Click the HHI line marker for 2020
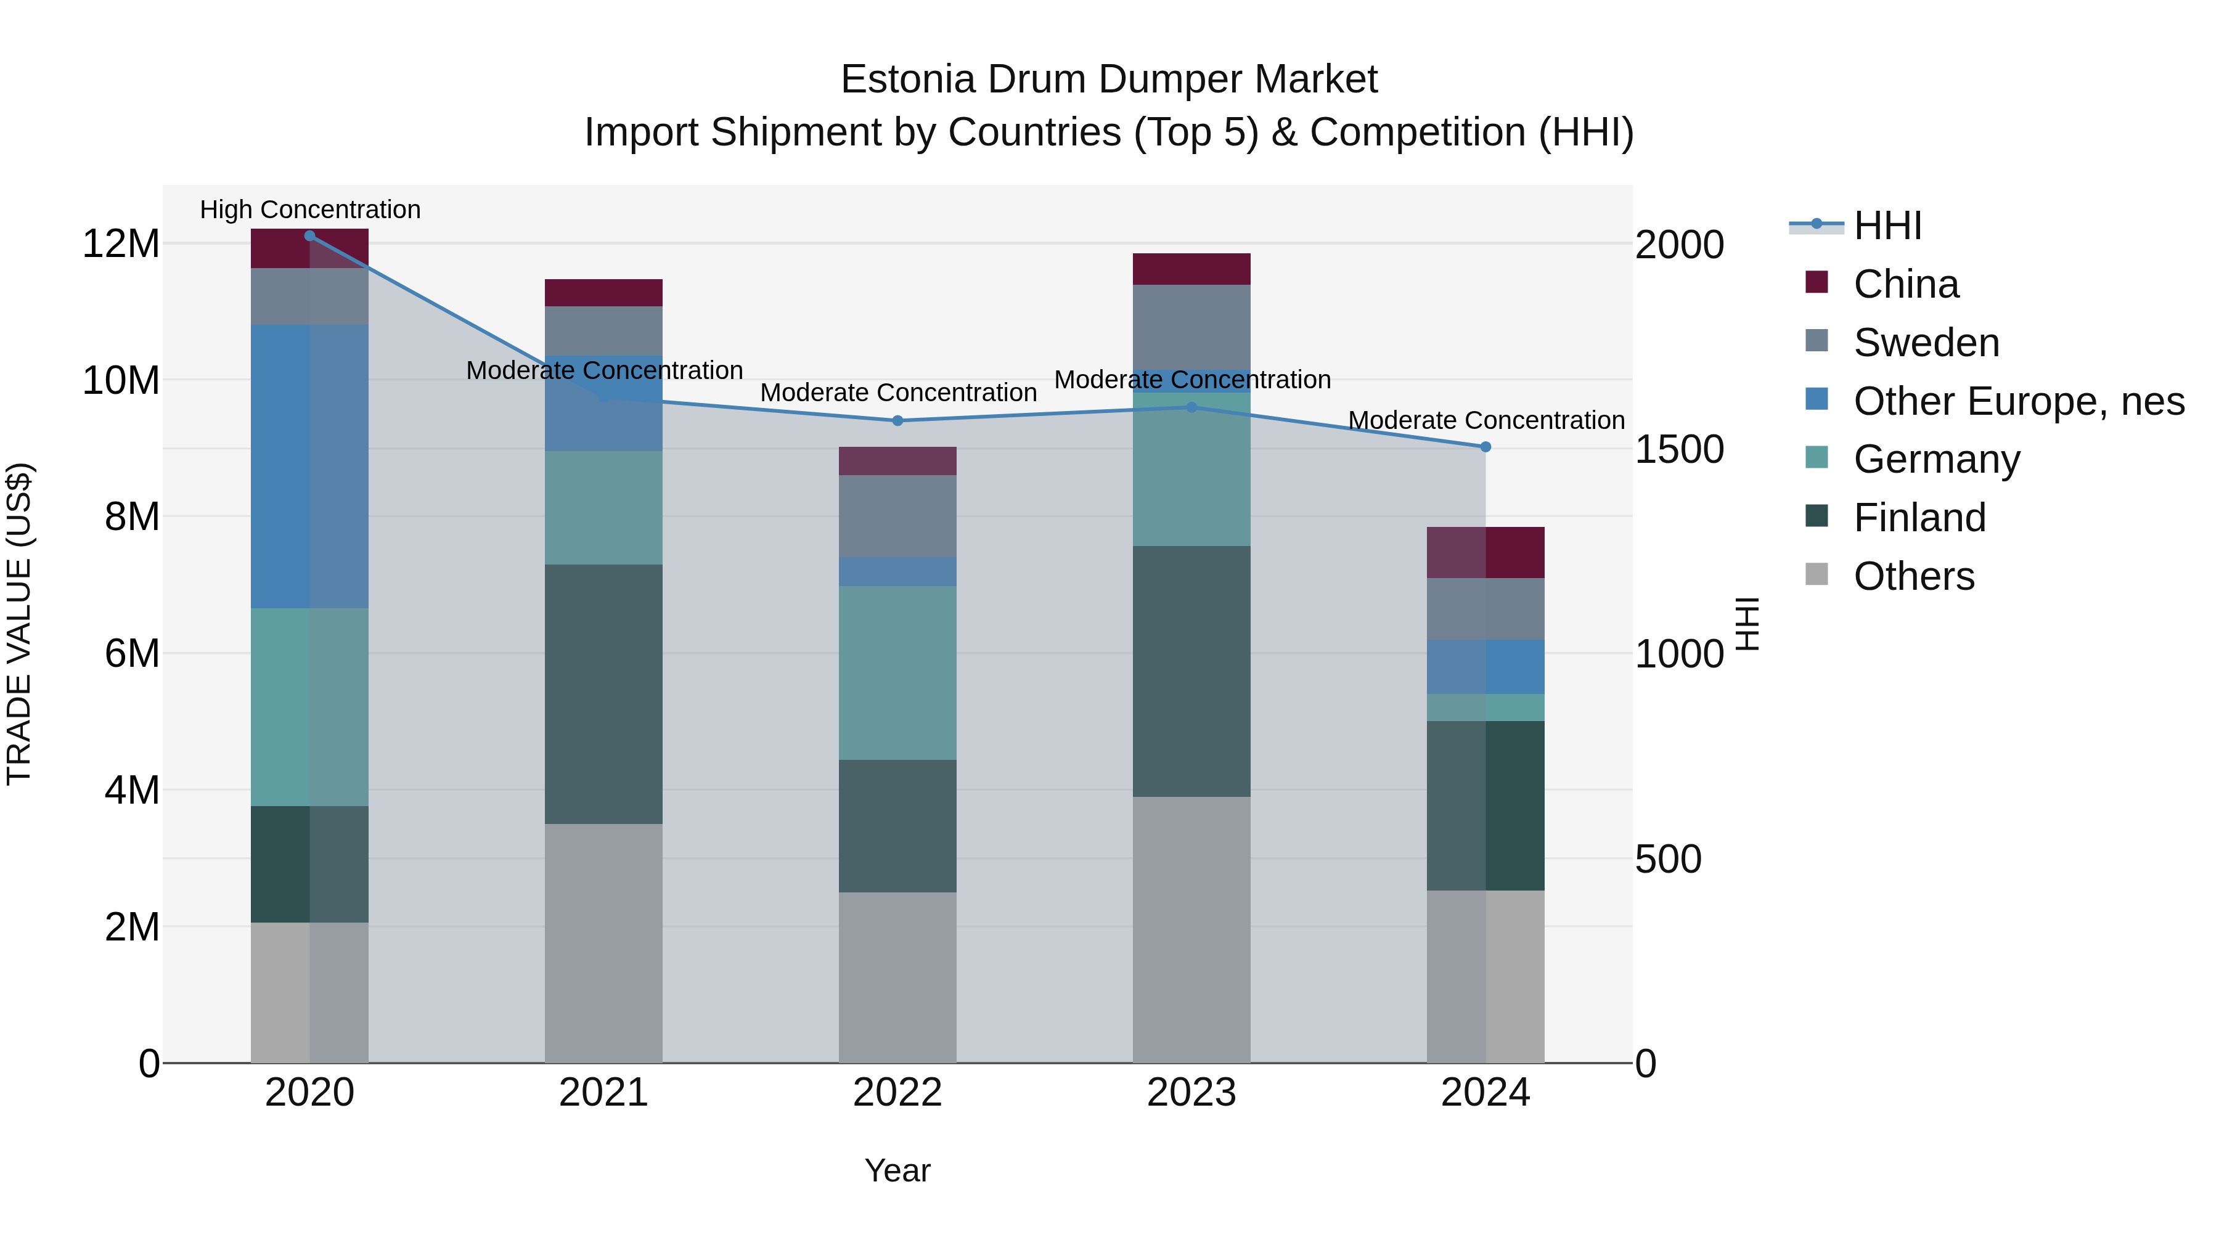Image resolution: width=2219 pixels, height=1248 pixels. pos(309,236)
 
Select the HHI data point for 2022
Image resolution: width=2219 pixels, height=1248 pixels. pos(897,421)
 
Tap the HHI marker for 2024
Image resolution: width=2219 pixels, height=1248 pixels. pos(1485,447)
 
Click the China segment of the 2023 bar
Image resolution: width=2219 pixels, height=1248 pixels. pos(1191,269)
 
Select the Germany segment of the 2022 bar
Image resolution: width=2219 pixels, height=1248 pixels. pos(897,672)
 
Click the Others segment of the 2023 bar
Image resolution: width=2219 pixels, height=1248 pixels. pos(1191,929)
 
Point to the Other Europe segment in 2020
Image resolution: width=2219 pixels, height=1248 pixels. pos(309,466)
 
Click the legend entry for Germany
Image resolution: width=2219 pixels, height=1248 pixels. pos(1937,459)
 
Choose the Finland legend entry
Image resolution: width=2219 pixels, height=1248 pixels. pos(1919,518)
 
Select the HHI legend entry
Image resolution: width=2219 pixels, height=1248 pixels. pos(1887,226)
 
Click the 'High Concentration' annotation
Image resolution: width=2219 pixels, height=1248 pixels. pos(310,210)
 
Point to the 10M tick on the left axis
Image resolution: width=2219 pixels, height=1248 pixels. pos(121,380)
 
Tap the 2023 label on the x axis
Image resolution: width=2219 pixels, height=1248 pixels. pos(1191,1093)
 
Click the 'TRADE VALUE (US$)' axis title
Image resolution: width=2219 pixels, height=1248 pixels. pos(19,624)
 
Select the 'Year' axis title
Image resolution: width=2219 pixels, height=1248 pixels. pos(897,1170)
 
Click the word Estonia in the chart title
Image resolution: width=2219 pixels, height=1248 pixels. pos(908,80)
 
